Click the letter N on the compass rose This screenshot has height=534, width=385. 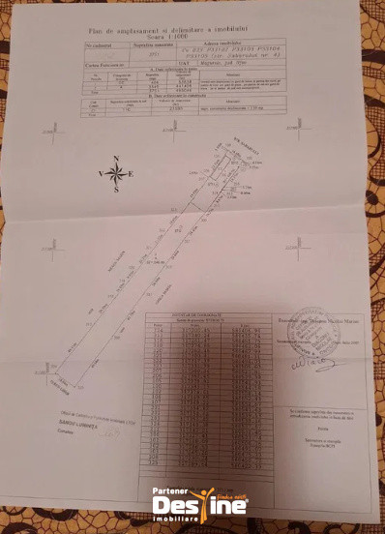[x=115, y=158]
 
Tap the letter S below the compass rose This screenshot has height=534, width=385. [x=115, y=191]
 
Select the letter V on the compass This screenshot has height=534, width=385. [x=99, y=174]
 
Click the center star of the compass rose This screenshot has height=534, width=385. [x=115, y=174]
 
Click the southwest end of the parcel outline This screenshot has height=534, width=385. [x=56, y=376]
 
